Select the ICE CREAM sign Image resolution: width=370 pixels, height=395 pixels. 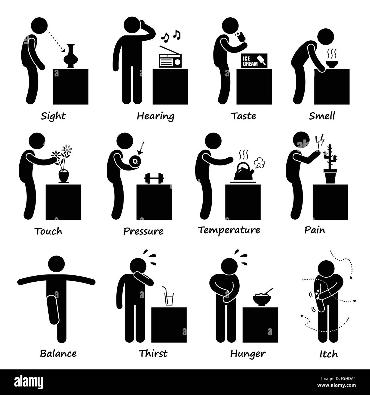point(254,61)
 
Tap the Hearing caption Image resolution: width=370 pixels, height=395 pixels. point(155,116)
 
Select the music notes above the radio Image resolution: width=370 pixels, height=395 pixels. point(171,36)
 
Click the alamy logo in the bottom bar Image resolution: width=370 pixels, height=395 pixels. point(33,382)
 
